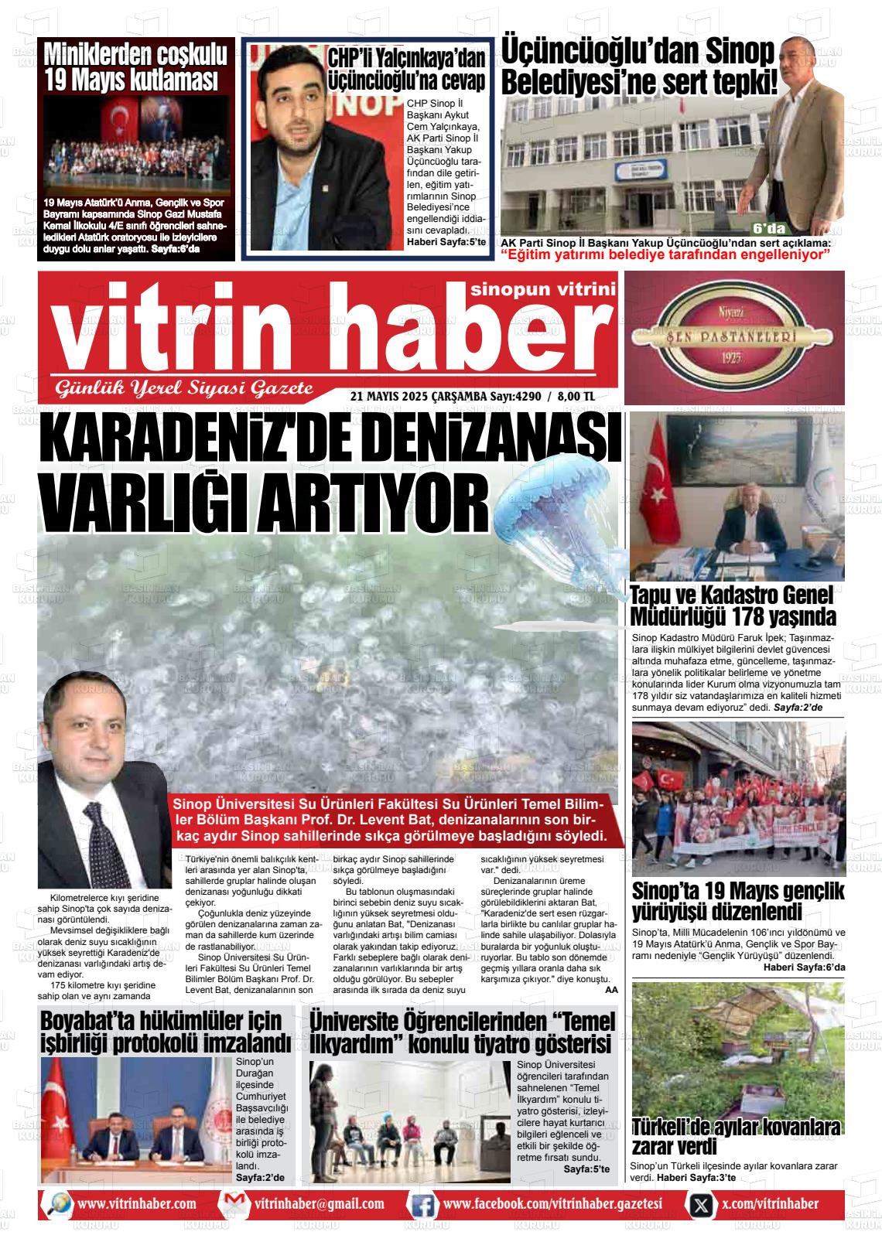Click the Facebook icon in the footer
coord(422,1205)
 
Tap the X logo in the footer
coord(700,1205)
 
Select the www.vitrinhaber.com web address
coord(137,1204)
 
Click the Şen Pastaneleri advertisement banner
coord(733,337)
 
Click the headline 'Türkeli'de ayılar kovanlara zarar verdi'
coord(735,1136)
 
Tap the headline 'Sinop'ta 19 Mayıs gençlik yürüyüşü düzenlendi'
coord(738,900)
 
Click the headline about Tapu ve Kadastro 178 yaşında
coord(733,606)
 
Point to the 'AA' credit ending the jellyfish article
coord(611,989)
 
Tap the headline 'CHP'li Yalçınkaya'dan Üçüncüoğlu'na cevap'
coord(407,70)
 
